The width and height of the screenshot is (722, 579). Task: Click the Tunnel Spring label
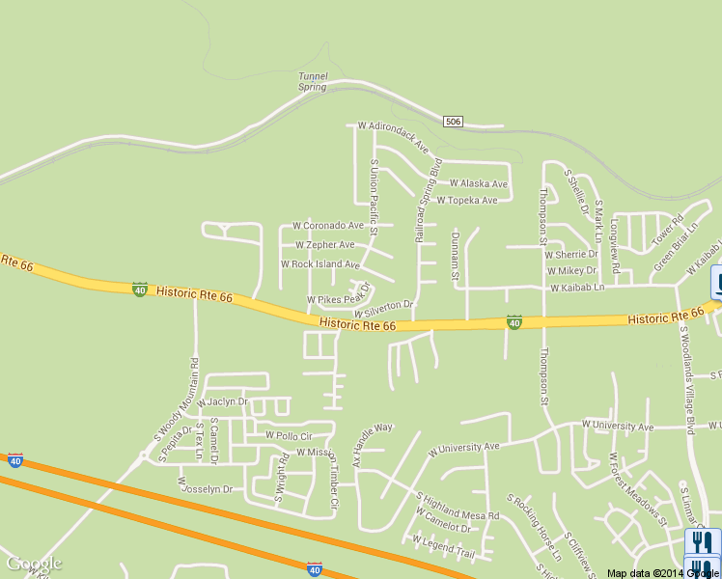[x=313, y=81]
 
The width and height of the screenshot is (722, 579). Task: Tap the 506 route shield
[x=454, y=121]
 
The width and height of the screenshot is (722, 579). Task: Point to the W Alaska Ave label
[x=478, y=183]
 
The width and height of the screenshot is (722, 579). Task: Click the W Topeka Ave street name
[x=467, y=201]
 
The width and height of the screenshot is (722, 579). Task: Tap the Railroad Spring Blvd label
[x=428, y=199]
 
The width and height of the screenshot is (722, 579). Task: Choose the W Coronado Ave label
[x=328, y=226]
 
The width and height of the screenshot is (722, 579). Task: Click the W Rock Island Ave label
[x=319, y=264]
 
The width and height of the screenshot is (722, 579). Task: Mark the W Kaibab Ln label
[x=577, y=289]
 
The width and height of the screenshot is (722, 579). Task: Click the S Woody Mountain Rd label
[x=177, y=398]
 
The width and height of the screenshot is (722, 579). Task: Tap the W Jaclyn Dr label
[x=223, y=401]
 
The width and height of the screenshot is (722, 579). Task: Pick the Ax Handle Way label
[x=373, y=444]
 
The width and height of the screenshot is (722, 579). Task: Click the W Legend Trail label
[x=444, y=546]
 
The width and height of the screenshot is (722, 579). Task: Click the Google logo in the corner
[x=34, y=564]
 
